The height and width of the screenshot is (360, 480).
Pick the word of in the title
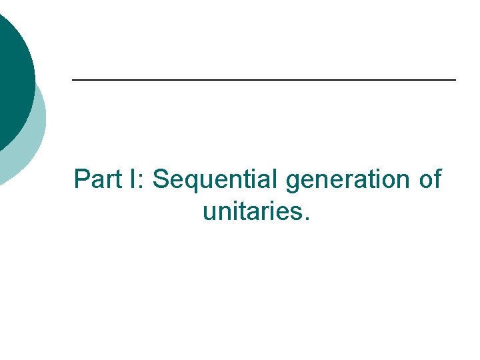[429, 179]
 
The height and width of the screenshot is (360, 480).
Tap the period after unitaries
[306, 218]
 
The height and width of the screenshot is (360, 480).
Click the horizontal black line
[263, 80]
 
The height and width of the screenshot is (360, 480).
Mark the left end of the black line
[73, 80]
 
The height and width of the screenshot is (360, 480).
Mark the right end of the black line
[455, 80]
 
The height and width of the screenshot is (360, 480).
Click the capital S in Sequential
[161, 179]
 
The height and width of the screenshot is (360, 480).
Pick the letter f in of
[437, 179]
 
